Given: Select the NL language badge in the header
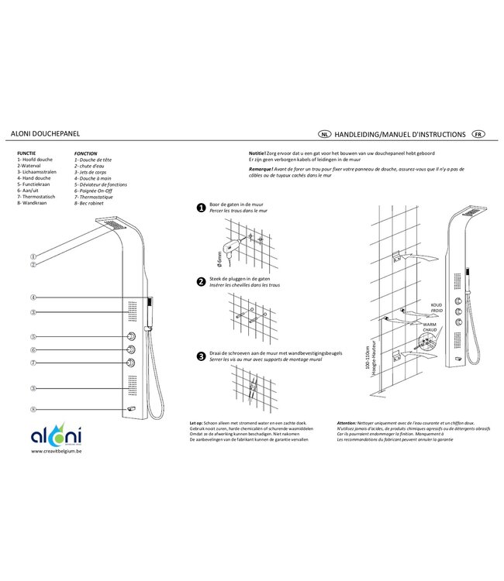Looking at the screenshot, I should (325, 134).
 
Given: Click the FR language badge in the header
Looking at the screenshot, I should (478, 134).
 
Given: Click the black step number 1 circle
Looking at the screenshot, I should (201, 208).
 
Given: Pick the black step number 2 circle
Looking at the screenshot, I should (201, 281).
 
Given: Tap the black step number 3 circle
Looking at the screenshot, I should (201, 356).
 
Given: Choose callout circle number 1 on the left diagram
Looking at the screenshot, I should (33, 256).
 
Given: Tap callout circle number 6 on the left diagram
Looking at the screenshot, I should (33, 349).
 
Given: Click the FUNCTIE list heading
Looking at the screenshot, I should (26, 153).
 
